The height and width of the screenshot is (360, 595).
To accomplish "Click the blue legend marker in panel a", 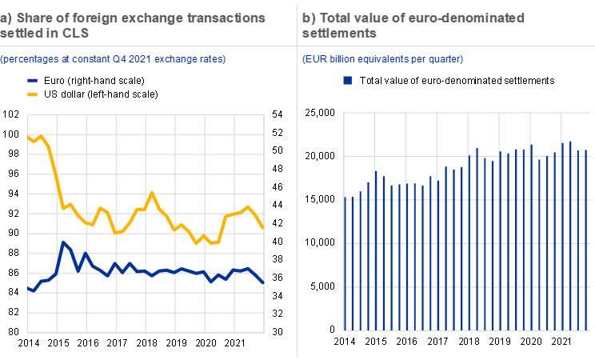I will click(x=32, y=81).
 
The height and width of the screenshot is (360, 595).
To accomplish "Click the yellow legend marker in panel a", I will click(x=32, y=94).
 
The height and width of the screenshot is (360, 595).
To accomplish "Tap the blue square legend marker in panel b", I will click(x=348, y=80).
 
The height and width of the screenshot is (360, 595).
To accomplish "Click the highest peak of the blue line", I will click(x=63, y=242).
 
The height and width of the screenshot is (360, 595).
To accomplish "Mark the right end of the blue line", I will click(x=264, y=282).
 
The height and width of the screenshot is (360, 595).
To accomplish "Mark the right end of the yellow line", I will click(x=264, y=228).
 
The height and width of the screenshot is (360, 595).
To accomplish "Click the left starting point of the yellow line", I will click(x=28, y=137).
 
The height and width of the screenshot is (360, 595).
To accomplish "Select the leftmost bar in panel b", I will click(x=345, y=263).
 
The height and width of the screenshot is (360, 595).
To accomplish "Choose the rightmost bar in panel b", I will click(x=586, y=240).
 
